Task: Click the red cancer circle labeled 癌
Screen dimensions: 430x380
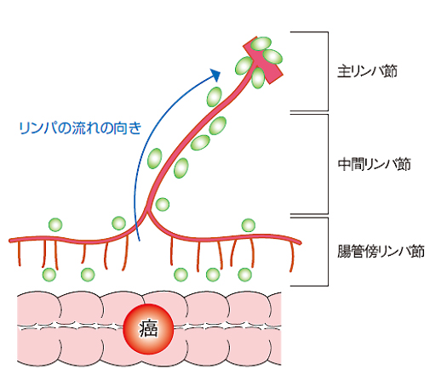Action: point(148,329)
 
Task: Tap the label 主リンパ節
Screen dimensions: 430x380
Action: point(367,71)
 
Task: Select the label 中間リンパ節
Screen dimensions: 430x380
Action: point(374,164)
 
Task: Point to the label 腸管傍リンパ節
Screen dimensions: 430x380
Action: point(381,251)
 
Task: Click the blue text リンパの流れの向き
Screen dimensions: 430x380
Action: point(80,128)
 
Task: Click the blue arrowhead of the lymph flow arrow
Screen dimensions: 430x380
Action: point(215,74)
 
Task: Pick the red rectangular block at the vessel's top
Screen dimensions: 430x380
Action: point(263,60)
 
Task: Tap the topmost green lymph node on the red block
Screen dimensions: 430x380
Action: point(261,43)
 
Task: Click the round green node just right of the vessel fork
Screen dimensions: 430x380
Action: point(163,204)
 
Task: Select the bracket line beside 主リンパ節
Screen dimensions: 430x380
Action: point(328,71)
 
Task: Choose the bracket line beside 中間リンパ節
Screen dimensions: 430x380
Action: point(328,164)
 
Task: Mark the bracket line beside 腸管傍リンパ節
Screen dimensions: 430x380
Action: point(328,252)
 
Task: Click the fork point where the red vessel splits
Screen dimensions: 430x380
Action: point(147,210)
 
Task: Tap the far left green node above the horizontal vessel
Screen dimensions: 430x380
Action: point(55,225)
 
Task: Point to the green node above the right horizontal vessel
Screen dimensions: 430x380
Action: point(249,225)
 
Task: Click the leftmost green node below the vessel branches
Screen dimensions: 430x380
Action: point(49,275)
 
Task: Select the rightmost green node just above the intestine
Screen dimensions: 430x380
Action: point(244,275)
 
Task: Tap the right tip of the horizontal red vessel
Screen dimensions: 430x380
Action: point(301,242)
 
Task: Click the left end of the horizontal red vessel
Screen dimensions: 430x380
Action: point(10,241)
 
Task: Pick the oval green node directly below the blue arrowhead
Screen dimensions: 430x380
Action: point(215,97)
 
